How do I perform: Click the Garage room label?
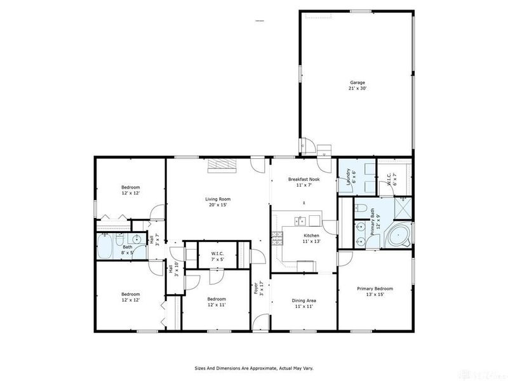pos(356,85)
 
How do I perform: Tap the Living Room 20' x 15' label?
pos(217,201)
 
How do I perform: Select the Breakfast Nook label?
pos(304,182)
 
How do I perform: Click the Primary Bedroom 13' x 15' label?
pos(375,291)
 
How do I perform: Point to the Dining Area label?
pos(304,303)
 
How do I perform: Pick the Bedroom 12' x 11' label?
pos(217,302)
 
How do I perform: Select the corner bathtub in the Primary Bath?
pos(398,236)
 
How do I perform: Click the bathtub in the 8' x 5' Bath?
pos(105,246)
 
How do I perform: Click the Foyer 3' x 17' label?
pos(258,289)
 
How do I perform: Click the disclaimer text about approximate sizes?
pos(253,368)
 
